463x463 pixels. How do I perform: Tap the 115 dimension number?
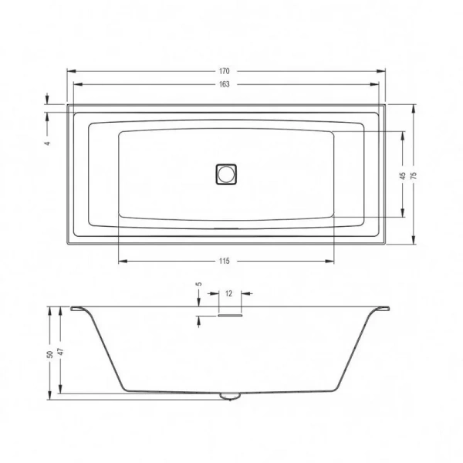[x=225, y=261]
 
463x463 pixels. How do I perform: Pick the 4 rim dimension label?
[x=48, y=144]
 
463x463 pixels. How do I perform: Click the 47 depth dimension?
[x=61, y=352]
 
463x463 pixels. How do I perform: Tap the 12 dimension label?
[x=229, y=293]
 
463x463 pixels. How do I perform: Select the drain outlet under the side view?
[x=229, y=397]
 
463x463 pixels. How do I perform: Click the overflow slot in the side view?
[x=230, y=315]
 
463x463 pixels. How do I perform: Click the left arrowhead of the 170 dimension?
[x=69, y=71]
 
